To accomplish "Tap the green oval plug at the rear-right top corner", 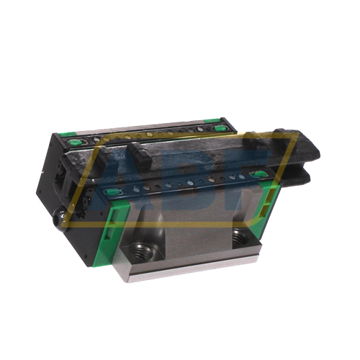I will (x=217, y=127).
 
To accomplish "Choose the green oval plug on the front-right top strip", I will (x=257, y=174).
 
